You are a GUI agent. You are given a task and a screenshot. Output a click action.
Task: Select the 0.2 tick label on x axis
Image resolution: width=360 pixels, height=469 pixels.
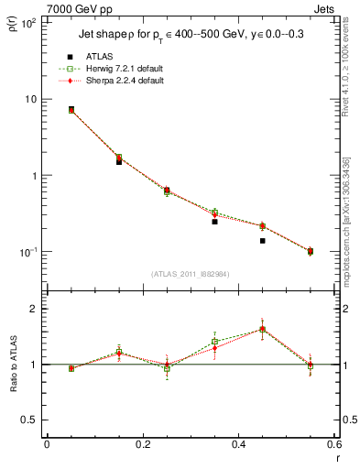(x=142, y=444)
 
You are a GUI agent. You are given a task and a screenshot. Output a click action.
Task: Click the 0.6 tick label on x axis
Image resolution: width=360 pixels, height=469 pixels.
(x=333, y=444)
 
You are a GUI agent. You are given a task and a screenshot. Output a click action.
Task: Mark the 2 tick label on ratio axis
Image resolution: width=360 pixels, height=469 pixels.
(x=34, y=309)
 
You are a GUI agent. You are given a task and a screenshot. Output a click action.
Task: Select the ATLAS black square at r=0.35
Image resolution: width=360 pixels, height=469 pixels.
(x=214, y=222)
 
